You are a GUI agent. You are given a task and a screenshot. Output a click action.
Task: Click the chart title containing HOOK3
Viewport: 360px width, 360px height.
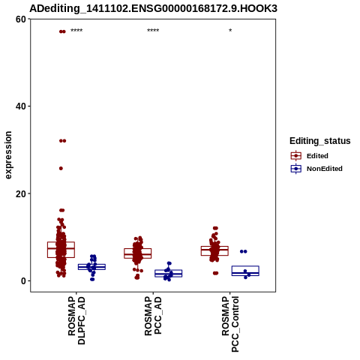coord(153,8)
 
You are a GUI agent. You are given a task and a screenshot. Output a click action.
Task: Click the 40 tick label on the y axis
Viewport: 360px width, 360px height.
coord(21,106)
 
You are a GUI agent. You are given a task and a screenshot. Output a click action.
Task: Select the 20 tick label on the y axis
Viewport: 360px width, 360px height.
coord(21,193)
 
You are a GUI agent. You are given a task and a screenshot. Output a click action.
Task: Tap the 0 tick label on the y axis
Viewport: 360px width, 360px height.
coord(24,280)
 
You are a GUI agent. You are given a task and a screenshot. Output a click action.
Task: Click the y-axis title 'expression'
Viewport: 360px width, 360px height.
coord(8,155)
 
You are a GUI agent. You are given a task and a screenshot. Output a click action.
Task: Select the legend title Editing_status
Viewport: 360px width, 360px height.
coord(319,141)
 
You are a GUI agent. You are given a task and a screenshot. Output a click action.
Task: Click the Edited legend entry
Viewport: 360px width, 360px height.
coord(317,156)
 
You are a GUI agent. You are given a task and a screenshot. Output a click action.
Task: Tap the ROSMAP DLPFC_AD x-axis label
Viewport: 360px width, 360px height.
coord(76,320)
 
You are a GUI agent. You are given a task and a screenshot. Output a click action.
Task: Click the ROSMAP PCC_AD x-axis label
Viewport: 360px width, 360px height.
coord(153,316)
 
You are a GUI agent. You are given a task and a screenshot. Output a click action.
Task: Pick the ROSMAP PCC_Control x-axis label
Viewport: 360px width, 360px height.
coord(230,324)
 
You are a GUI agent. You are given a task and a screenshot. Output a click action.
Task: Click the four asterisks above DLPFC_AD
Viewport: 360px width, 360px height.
coord(76,31)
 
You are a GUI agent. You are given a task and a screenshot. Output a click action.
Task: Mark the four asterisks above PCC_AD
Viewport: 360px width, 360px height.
coord(153,31)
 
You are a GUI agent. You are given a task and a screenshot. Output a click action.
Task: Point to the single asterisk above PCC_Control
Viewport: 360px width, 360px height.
coord(230,30)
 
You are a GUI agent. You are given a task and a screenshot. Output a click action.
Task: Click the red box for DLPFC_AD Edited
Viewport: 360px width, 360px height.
coord(61,242)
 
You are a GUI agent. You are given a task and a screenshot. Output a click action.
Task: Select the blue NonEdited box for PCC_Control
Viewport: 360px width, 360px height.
coord(245,266)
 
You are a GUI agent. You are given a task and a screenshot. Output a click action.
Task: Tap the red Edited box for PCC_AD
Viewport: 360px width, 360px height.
coord(138,249)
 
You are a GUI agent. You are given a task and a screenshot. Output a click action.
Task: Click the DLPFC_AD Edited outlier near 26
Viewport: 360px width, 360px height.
coord(61,169)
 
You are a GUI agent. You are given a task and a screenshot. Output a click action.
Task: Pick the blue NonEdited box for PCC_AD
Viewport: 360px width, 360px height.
coord(169,270)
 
